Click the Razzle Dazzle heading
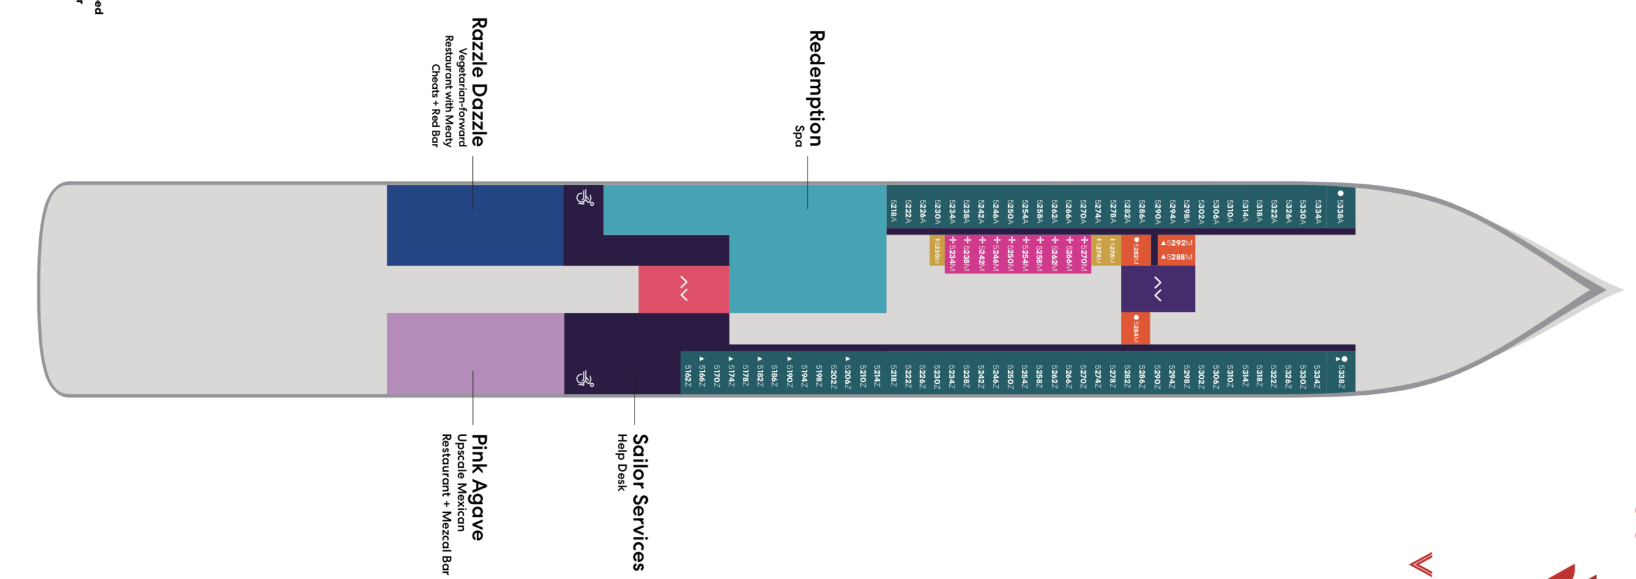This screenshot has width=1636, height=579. pyautogui.click(x=479, y=82)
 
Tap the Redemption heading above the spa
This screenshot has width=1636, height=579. pyautogui.click(x=816, y=88)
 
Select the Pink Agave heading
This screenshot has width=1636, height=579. pyautogui.click(x=479, y=487)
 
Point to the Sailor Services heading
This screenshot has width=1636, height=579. pyautogui.click(x=640, y=502)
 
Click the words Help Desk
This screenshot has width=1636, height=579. pyautogui.click(x=622, y=462)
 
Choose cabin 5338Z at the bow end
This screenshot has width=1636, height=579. pyautogui.click(x=1340, y=373)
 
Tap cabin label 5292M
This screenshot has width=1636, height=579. pyautogui.click(x=1177, y=243)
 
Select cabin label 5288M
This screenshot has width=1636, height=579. pyautogui.click(x=1177, y=257)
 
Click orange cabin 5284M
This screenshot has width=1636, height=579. pyautogui.click(x=1136, y=328)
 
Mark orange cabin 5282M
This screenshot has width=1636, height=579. pyautogui.click(x=1136, y=250)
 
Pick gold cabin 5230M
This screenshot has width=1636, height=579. pyautogui.click(x=937, y=250)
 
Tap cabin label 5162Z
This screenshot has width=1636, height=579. pyautogui.click(x=688, y=375)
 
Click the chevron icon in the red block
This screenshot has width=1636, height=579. pyautogui.click(x=684, y=288)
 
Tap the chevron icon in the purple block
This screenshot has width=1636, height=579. pyautogui.click(x=1158, y=289)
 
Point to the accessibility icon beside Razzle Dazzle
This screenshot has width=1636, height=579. pyautogui.click(x=584, y=198)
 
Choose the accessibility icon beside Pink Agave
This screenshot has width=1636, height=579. pyautogui.click(x=584, y=379)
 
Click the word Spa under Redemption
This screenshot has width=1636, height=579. pyautogui.click(x=798, y=136)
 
